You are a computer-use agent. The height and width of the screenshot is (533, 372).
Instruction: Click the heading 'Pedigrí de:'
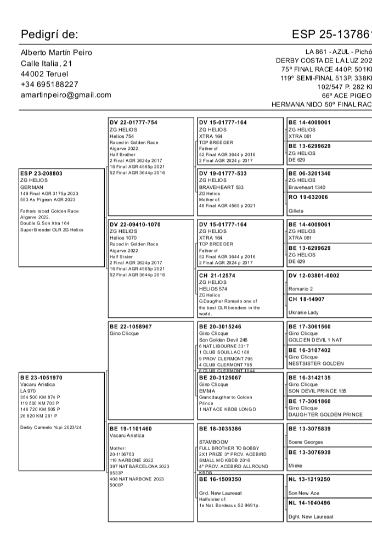[x=49, y=35]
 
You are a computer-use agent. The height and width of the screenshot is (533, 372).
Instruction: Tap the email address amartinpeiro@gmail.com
[x=66, y=95]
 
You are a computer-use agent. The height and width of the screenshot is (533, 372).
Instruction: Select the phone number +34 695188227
[x=49, y=85]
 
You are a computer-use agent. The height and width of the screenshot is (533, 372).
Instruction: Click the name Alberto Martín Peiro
[x=57, y=53]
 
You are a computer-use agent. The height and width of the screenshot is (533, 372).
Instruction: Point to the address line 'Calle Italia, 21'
[x=47, y=64]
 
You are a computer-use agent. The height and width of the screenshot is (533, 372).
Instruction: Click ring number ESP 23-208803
[x=41, y=173]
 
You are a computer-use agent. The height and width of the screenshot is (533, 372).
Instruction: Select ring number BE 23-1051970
[x=41, y=378]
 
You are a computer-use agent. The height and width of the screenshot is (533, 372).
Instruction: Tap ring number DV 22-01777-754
[x=133, y=122]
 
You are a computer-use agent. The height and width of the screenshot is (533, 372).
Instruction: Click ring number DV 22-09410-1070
[x=135, y=225]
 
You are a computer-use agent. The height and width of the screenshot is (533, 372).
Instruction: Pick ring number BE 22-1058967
[x=131, y=327]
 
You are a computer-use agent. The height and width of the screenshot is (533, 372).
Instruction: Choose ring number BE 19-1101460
[x=131, y=429]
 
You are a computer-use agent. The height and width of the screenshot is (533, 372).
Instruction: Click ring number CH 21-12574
[x=218, y=276]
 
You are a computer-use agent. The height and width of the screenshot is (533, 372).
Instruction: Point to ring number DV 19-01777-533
[x=223, y=173]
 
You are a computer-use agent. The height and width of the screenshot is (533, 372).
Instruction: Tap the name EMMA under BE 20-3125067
[x=207, y=391]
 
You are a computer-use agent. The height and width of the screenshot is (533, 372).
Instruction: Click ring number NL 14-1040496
[x=309, y=503]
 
